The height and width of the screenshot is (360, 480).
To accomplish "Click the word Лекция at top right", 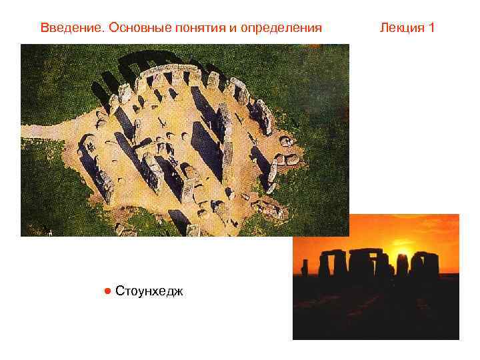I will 401,28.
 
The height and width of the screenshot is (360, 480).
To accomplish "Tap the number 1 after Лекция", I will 432,28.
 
